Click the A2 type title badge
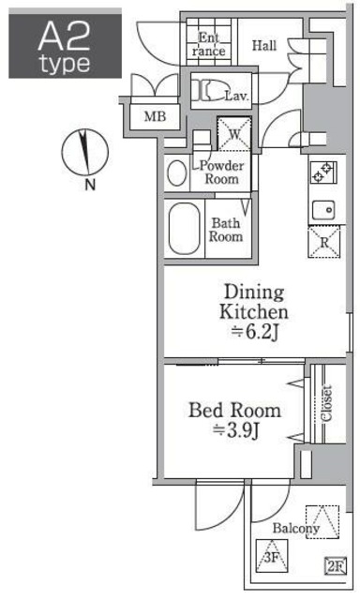click(x=65, y=43)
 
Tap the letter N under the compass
click(x=89, y=185)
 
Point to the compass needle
click(x=83, y=152)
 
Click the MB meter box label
click(x=155, y=116)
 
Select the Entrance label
click(x=209, y=44)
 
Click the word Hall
click(x=264, y=46)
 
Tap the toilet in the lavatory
click(x=205, y=90)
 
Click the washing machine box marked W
click(x=234, y=133)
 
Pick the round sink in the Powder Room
click(x=177, y=173)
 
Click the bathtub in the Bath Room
click(x=185, y=229)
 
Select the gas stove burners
click(x=322, y=172)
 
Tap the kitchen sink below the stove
click(x=323, y=210)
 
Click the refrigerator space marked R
click(x=324, y=242)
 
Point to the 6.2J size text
click(x=254, y=332)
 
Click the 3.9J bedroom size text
click(x=236, y=431)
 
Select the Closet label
click(x=326, y=403)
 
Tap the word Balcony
click(x=295, y=529)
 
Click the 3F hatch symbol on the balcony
click(x=272, y=556)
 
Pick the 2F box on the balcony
click(x=336, y=566)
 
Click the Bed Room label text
click(x=235, y=411)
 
